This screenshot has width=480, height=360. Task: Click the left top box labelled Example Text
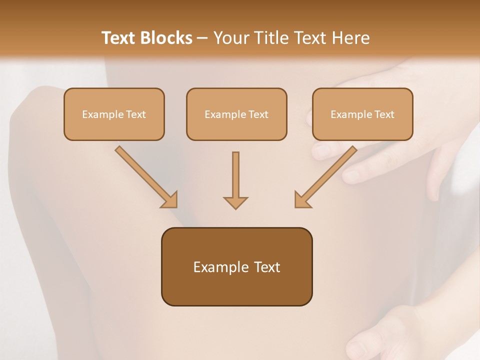coord(114,114)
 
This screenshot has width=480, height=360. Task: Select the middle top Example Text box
coord(236,114)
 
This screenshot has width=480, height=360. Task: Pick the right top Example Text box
coord(362,114)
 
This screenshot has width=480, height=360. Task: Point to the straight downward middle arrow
coord(235,175)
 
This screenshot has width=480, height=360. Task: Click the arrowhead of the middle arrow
coord(235,202)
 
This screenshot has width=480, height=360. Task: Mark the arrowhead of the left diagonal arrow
coord(170,199)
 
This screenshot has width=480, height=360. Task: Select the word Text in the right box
coord(384,114)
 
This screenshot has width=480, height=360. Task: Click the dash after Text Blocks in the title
coord(202,38)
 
